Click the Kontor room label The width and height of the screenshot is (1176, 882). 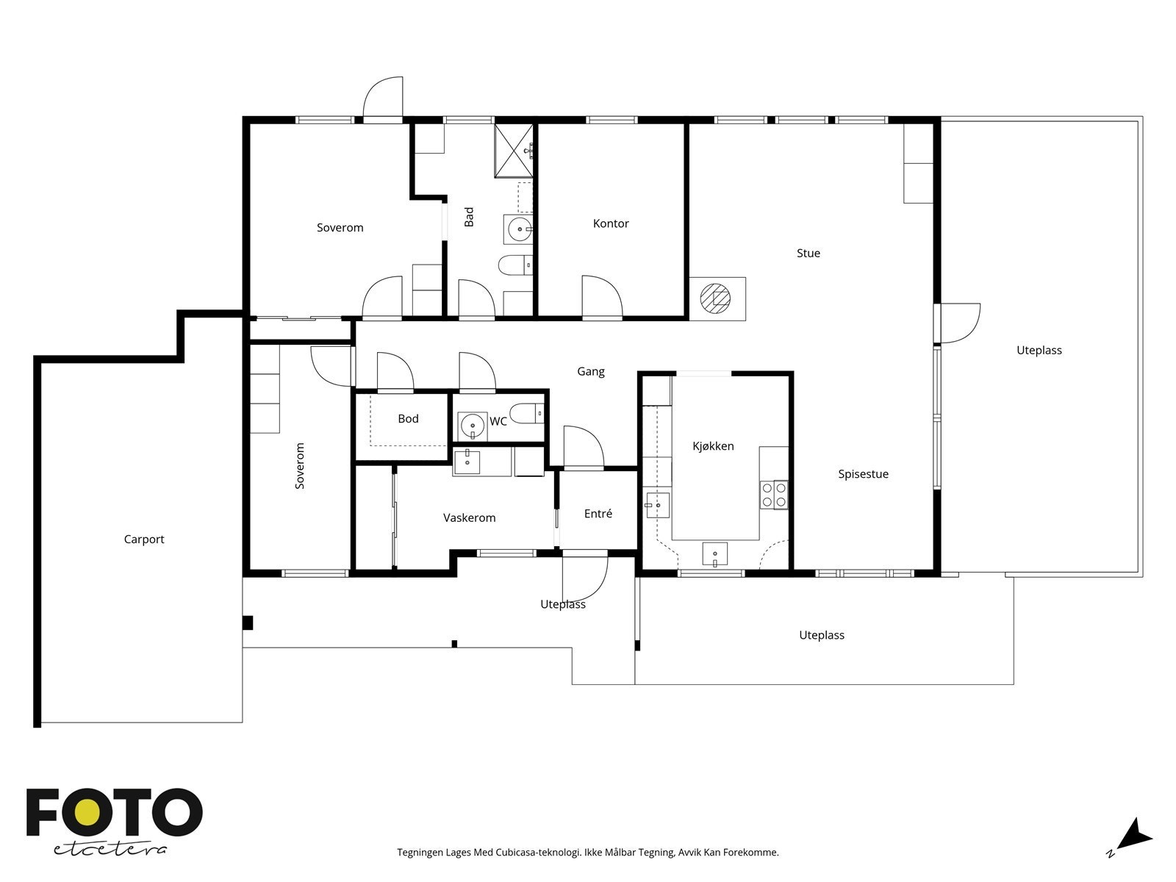pyautogui.click(x=610, y=223)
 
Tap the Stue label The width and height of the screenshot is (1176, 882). pyautogui.click(x=808, y=253)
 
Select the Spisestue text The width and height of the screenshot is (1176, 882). pyautogui.click(x=863, y=474)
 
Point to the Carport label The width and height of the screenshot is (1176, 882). pyautogui.click(x=143, y=539)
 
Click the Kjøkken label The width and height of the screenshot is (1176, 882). pyautogui.click(x=713, y=446)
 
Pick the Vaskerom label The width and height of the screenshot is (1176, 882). pyautogui.click(x=470, y=518)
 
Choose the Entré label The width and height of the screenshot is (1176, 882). pyautogui.click(x=598, y=514)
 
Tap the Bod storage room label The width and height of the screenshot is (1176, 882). pyautogui.click(x=408, y=419)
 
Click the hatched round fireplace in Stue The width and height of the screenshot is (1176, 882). pyautogui.click(x=715, y=298)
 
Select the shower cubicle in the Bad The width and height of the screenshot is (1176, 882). pyautogui.click(x=514, y=151)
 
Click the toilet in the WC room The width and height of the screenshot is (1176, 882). pyautogui.click(x=526, y=413)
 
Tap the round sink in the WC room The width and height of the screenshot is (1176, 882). pyautogui.click(x=472, y=426)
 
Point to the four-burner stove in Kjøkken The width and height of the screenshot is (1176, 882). pyautogui.click(x=774, y=495)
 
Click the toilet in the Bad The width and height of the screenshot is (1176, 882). pyautogui.click(x=515, y=265)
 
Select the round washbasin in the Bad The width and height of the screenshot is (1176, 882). pyautogui.click(x=519, y=230)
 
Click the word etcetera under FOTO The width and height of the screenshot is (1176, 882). pyautogui.click(x=110, y=850)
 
